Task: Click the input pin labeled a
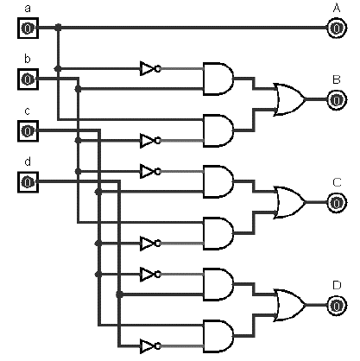click(x=28, y=28)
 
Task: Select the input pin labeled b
click(x=28, y=79)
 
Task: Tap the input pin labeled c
click(x=28, y=131)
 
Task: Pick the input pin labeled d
click(x=28, y=182)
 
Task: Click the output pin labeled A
click(x=337, y=28)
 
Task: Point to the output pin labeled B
click(x=337, y=100)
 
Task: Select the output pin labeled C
click(x=337, y=203)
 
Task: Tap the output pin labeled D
click(x=337, y=306)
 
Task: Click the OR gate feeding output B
click(x=289, y=99)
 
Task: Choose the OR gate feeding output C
click(x=289, y=202)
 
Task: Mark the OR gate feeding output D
click(x=289, y=305)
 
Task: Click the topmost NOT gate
click(x=150, y=69)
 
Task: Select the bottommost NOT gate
click(x=150, y=345)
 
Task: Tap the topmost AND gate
click(x=218, y=79)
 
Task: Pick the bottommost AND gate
click(x=218, y=336)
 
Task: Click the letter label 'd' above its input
click(x=28, y=161)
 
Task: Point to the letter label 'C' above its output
click(x=337, y=182)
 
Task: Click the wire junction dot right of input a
click(x=58, y=28)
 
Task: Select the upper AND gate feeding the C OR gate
click(x=218, y=181)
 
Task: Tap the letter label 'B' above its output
click(x=337, y=79)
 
